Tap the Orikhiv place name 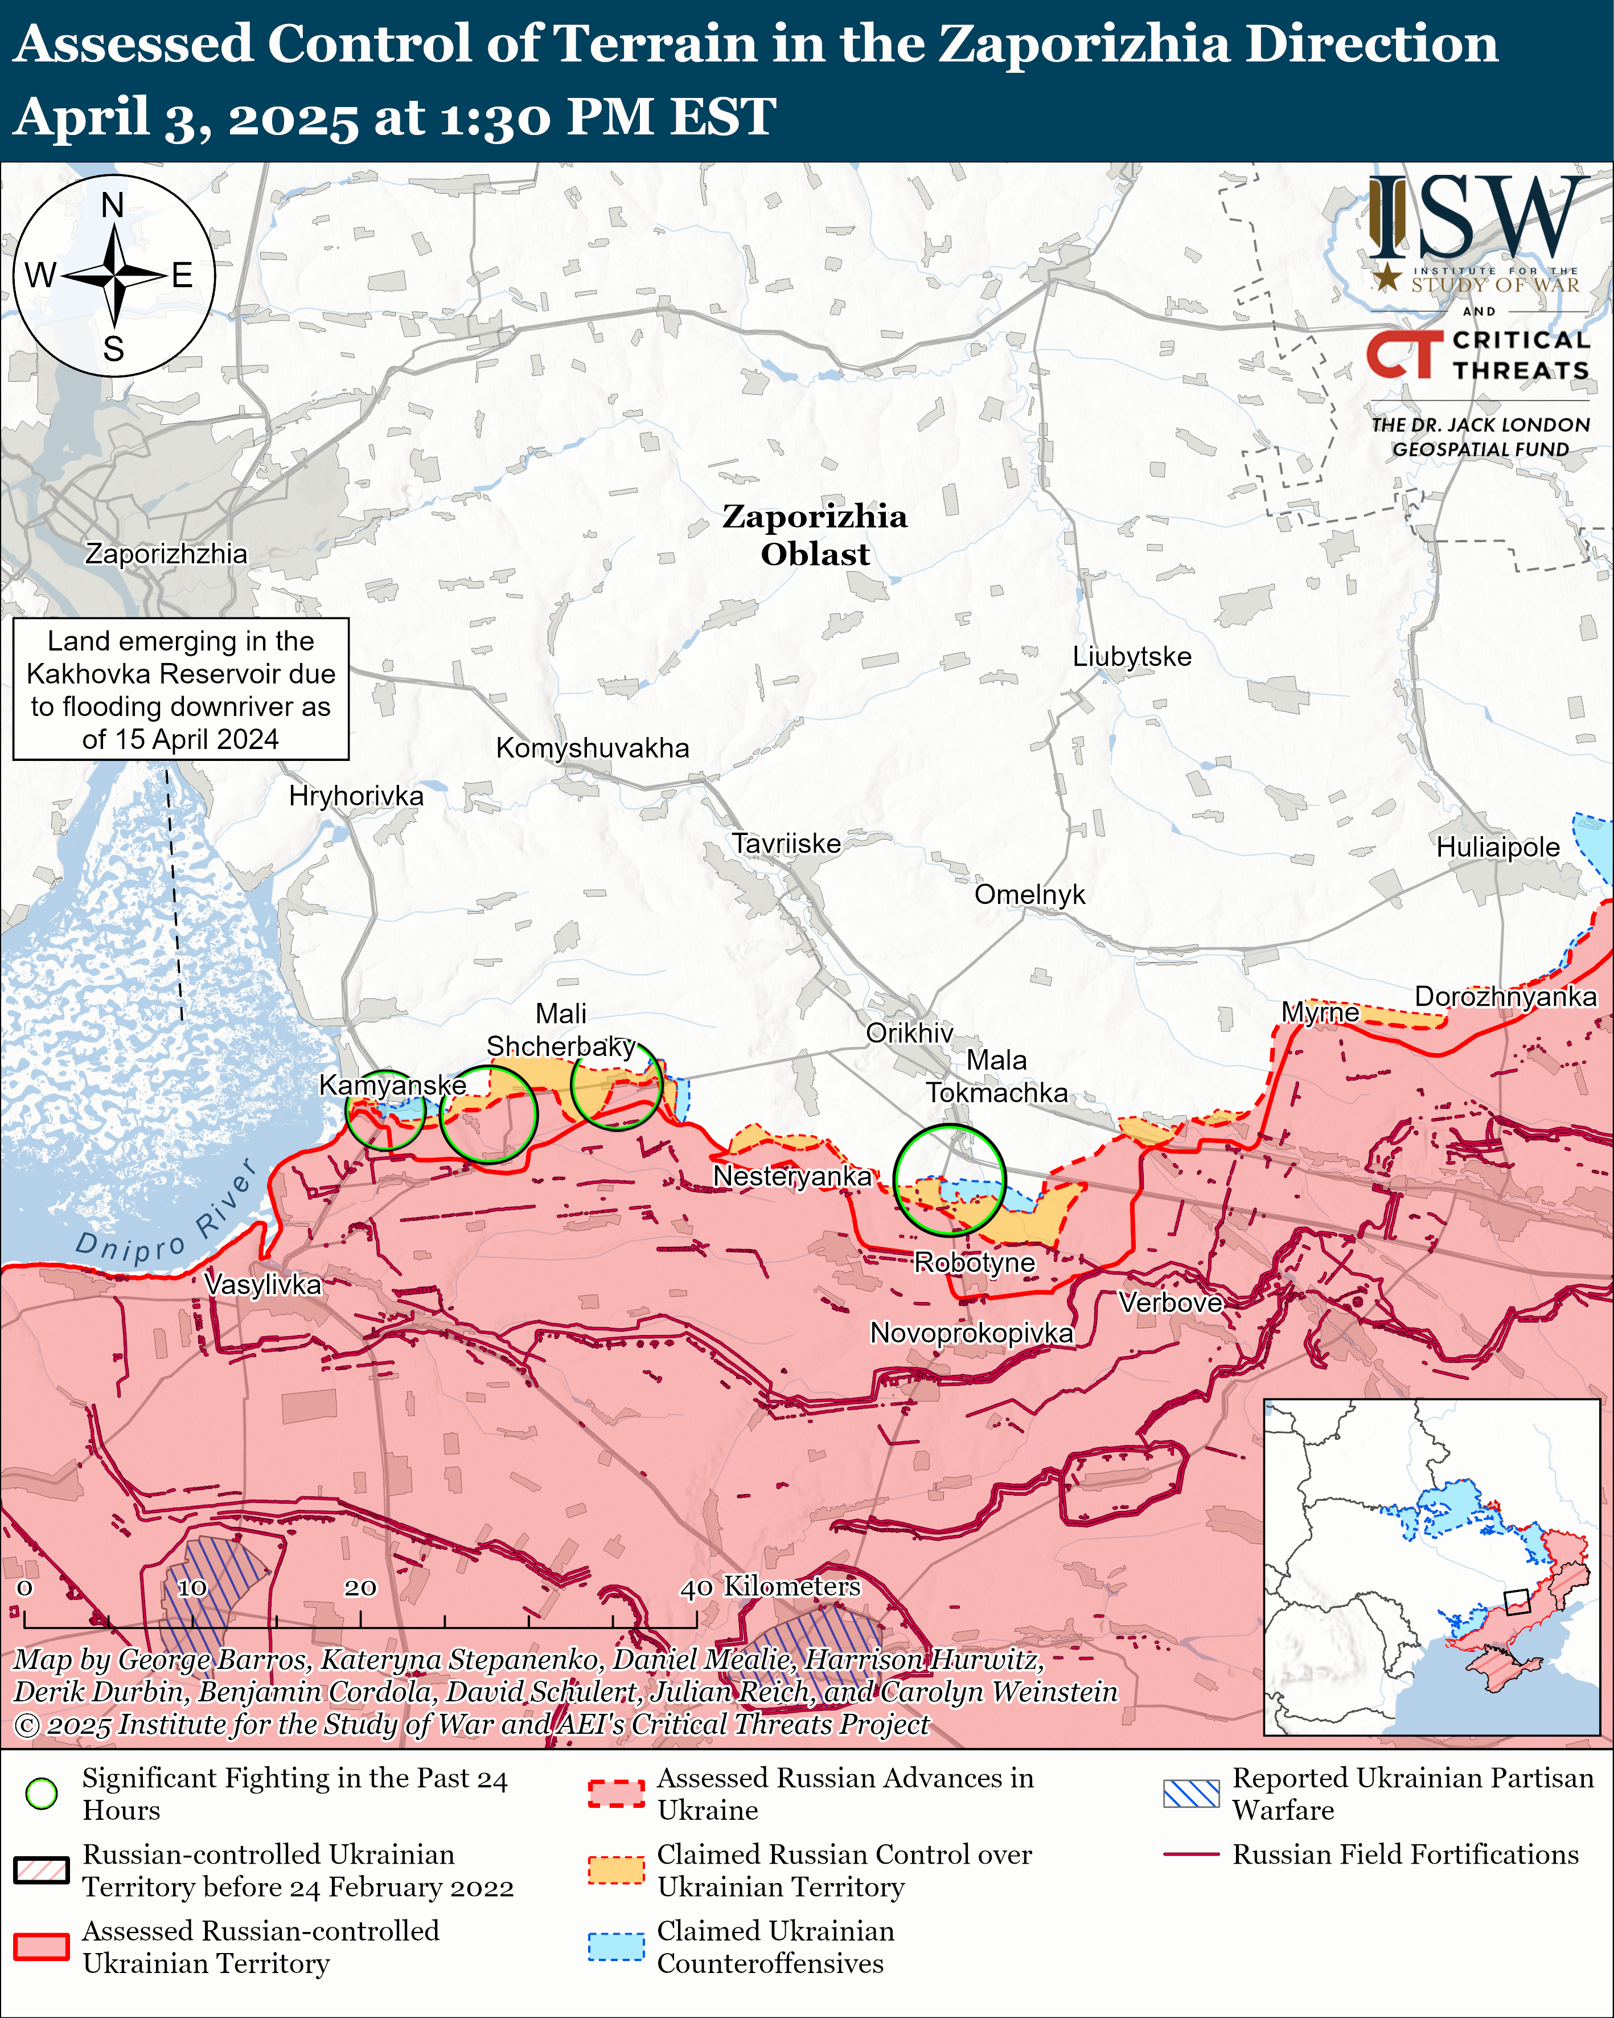tap(909, 1033)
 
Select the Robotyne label tap(974, 1263)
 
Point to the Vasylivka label tap(263, 1284)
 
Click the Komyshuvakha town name tap(592, 748)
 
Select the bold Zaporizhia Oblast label tap(814, 535)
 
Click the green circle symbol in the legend tap(41, 1794)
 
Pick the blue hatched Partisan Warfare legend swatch tap(1191, 1794)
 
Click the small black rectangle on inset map tap(1516, 1602)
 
